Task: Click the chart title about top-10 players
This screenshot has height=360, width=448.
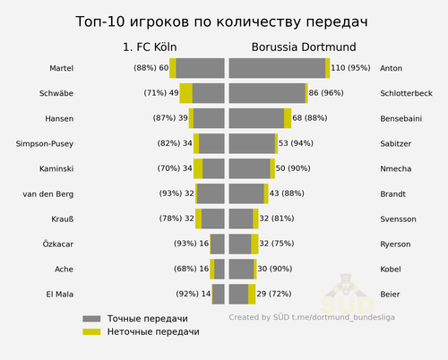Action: click(221, 22)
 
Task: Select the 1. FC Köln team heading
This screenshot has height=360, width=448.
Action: click(150, 47)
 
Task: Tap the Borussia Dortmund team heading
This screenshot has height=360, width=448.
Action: click(304, 47)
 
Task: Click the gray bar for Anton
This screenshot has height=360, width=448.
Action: click(277, 68)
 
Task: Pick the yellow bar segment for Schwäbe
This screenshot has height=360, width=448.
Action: click(186, 93)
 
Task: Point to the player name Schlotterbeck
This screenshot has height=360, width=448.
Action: click(406, 93)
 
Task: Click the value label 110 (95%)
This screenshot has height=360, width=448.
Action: click(350, 68)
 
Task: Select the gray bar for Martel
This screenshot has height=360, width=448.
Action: click(200, 68)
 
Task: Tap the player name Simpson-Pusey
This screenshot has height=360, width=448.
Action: click(45, 144)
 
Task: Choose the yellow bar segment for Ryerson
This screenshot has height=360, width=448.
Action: click(254, 244)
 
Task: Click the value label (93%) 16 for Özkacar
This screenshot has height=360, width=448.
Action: click(191, 244)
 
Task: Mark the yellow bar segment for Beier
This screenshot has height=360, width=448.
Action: click(252, 295)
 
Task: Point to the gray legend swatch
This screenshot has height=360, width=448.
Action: click(91, 319)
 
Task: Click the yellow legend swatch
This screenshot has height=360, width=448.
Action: click(91, 331)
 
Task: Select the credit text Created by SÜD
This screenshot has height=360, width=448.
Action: click(259, 317)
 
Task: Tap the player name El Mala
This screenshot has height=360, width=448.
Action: click(60, 295)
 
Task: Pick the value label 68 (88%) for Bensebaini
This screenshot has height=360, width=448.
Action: click(310, 118)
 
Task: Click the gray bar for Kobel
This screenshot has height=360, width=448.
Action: click(241, 270)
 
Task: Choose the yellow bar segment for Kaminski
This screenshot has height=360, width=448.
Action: click(198, 168)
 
